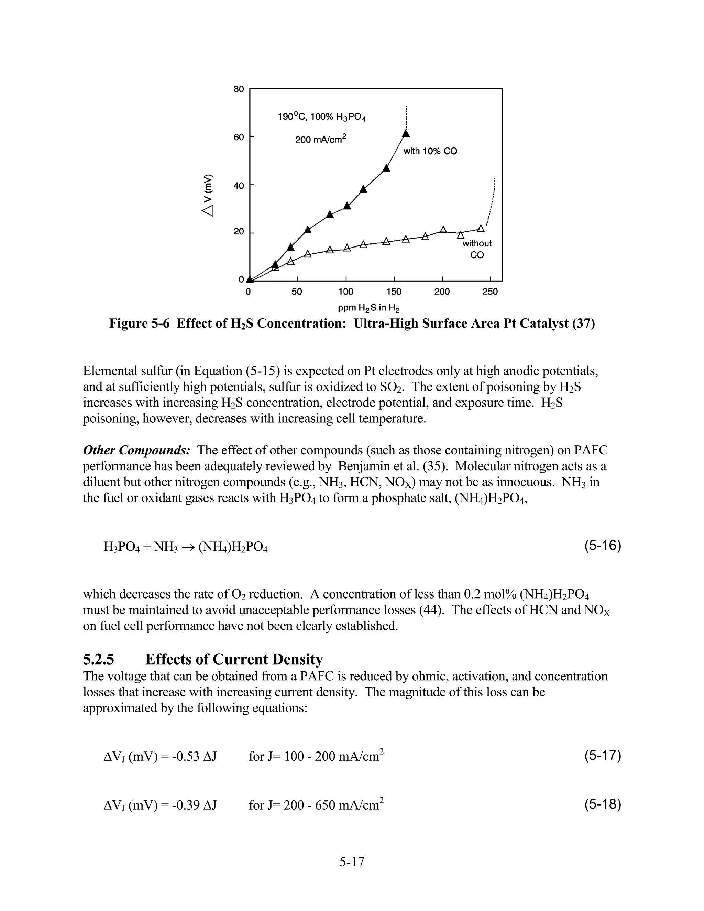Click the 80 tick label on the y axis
239,89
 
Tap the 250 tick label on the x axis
490,292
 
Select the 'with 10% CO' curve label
430,151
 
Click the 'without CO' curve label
477,249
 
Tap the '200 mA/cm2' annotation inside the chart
321,139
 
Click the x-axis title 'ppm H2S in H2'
369,308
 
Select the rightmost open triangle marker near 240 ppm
481,229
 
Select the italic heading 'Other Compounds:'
137,450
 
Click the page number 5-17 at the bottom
352,861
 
